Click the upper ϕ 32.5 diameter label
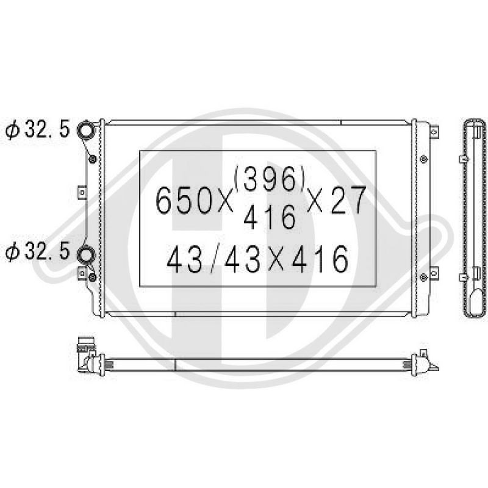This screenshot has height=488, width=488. [x=37, y=129]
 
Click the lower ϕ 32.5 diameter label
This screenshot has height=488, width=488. [x=37, y=251]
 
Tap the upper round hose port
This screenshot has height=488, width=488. [x=85, y=129]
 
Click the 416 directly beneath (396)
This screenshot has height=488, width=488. [x=269, y=217]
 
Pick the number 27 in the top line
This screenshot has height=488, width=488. [x=348, y=200]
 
